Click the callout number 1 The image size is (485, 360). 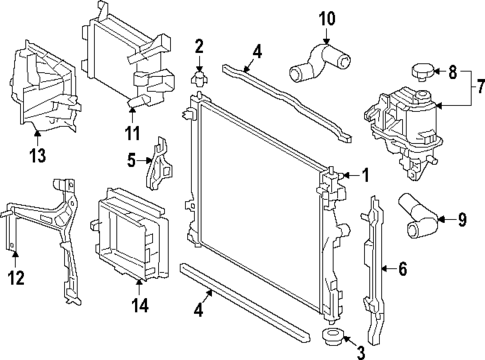click(x=366, y=175)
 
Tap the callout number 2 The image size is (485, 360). click(x=200, y=46)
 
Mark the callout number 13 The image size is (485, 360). click(x=37, y=155)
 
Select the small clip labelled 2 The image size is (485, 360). click(x=200, y=75)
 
